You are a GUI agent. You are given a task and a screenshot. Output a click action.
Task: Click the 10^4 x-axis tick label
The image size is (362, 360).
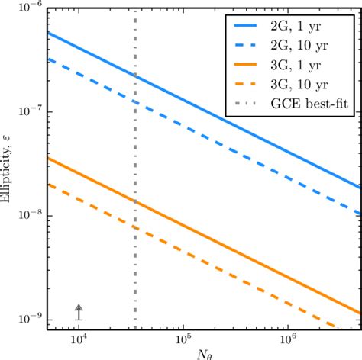[79, 340]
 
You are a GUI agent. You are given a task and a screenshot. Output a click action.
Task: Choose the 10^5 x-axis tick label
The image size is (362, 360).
[183, 340]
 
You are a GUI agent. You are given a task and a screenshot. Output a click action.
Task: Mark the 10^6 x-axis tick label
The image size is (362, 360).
[288, 340]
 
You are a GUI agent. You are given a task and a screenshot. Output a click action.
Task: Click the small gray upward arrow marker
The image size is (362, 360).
[79, 311]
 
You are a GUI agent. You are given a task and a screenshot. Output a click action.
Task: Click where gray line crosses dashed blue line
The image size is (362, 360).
[135, 101]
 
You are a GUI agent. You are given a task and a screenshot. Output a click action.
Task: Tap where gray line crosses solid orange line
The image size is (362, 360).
[135, 202]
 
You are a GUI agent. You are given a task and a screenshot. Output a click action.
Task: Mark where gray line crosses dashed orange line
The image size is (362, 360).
[135, 228]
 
